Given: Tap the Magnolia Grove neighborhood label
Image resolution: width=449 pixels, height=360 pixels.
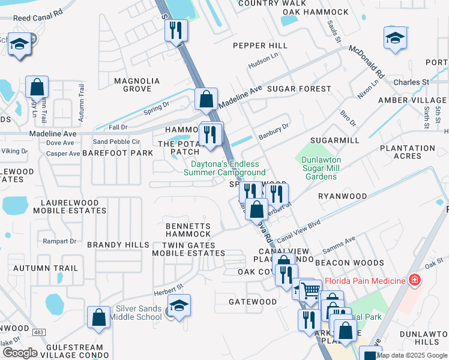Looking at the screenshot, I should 137,85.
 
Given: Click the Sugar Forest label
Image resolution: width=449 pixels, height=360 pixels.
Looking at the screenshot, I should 299,89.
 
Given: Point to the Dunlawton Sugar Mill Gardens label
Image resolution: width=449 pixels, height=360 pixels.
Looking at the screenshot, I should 321,169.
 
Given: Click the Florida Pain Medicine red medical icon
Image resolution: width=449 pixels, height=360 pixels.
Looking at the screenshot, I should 414,280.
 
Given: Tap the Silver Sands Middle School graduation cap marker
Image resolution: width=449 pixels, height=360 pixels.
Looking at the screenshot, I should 179,305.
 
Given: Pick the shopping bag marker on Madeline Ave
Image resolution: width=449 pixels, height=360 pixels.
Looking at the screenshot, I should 206,99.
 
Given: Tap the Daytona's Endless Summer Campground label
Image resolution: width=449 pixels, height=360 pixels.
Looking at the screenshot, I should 224,168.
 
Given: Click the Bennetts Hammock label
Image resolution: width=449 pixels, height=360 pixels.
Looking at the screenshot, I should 188,230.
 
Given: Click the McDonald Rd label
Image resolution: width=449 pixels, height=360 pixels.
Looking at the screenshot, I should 367,61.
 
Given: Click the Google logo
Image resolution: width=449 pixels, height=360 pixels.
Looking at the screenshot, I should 20,352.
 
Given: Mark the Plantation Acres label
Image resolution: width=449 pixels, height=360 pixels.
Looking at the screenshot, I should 408,152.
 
